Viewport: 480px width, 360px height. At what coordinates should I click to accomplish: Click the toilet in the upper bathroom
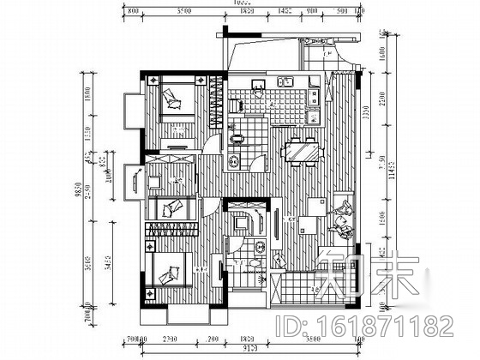(x=236, y=139)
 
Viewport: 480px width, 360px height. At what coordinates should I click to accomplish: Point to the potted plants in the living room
(x=340, y=219)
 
